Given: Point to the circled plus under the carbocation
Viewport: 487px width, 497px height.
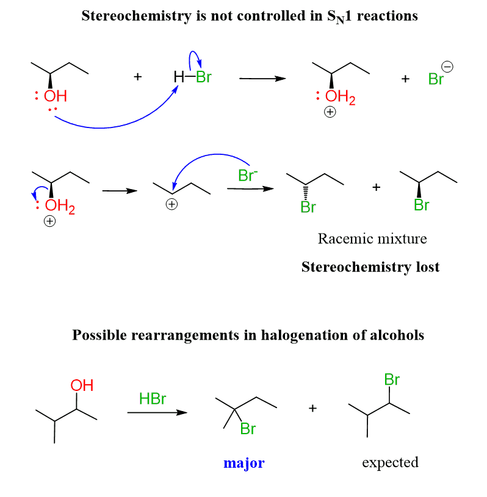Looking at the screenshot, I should (172, 205).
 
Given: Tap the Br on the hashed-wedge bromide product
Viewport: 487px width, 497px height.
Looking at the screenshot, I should (308, 207).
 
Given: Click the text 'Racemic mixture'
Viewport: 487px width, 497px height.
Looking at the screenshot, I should (372, 238).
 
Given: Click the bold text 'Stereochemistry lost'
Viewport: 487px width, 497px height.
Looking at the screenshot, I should (370, 267).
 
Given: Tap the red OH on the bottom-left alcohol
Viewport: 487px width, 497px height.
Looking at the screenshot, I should (82, 385).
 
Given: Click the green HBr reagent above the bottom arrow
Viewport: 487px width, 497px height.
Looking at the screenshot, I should (153, 399).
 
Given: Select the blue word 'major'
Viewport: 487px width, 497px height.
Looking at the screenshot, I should (244, 463).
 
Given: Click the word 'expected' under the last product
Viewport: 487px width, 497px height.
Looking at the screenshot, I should (391, 462).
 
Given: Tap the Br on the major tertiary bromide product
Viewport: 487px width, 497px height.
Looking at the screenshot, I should (248, 429).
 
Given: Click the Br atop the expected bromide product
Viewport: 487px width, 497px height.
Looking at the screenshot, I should (392, 380).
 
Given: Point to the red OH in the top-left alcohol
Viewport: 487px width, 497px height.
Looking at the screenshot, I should (55, 96).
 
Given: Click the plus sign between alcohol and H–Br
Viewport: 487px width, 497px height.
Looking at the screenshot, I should (138, 77).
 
